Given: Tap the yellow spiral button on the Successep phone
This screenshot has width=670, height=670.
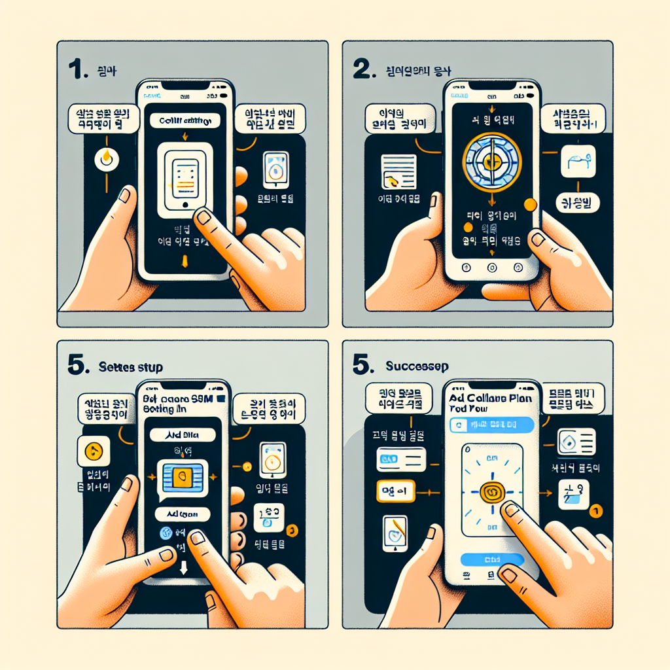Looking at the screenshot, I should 492,492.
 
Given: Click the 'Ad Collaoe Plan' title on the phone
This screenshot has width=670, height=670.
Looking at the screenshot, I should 490,397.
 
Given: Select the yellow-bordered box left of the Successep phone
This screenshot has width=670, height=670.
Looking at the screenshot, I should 395,491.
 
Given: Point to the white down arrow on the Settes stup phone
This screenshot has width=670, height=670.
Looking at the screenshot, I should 184,566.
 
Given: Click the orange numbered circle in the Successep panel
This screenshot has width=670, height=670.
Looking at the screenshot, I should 595,509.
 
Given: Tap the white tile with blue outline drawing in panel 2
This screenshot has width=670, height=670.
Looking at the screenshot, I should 578,162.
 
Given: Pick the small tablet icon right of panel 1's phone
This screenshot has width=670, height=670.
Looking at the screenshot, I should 275,169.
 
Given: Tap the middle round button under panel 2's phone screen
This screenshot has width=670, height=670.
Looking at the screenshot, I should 491,267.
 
